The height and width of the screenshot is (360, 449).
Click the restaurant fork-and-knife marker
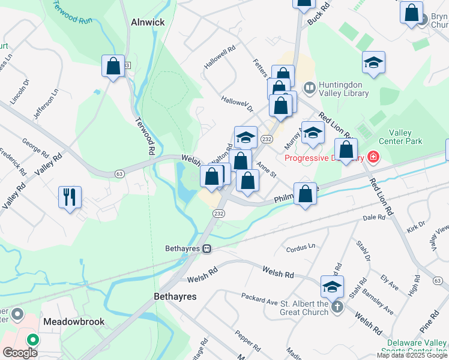(x=70, y=196)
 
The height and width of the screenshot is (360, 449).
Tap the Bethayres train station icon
(x=206, y=248)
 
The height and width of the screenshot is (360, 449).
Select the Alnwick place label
(x=147, y=22)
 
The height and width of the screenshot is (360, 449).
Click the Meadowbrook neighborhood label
(x=74, y=322)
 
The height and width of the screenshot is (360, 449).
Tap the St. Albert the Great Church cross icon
(x=337, y=307)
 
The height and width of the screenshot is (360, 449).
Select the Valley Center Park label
(x=405, y=137)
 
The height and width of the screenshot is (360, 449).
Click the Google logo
(x=20, y=352)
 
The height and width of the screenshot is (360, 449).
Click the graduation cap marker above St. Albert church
(x=332, y=286)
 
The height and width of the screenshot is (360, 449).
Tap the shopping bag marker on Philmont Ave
(x=306, y=194)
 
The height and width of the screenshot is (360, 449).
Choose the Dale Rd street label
(x=373, y=218)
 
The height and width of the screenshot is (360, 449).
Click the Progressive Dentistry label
(x=324, y=158)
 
